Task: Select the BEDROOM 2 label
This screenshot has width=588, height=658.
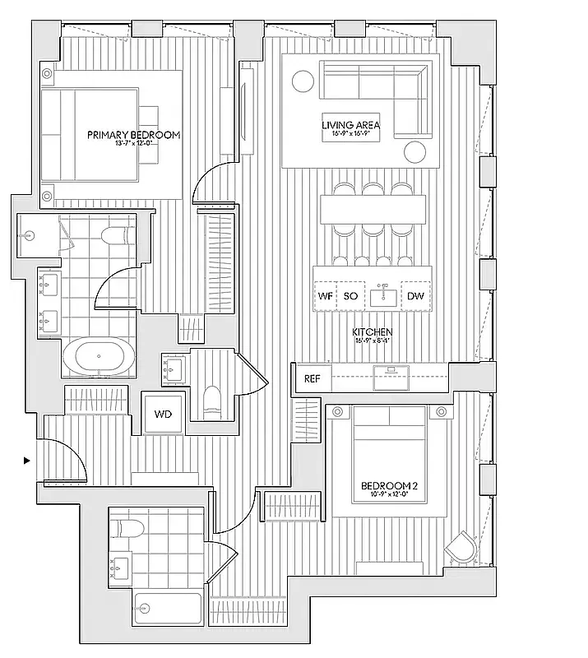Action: point(389,485)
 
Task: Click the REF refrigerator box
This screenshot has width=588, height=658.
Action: point(313,379)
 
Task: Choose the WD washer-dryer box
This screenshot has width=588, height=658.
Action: point(163,414)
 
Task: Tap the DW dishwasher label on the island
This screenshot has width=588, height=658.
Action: point(415,295)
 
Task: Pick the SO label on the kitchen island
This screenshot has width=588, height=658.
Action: point(350,295)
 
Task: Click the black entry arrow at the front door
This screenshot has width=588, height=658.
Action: point(27,461)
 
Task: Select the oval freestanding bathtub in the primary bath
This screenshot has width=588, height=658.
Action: point(98,358)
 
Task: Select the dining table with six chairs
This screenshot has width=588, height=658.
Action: point(373,209)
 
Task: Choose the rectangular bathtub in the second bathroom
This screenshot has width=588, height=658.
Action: point(168,609)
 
